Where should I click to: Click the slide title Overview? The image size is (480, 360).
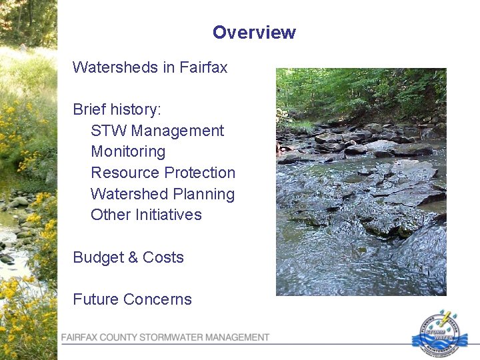tap(254, 33)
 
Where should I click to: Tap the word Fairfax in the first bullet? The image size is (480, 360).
tap(203, 67)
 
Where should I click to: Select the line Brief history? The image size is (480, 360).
tap(117, 109)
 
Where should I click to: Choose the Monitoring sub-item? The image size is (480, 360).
tap(128, 152)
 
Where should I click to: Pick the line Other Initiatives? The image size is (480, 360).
tap(146, 215)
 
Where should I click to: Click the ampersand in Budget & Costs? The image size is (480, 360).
tap(134, 257)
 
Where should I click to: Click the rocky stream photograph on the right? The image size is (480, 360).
tap(361, 181)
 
